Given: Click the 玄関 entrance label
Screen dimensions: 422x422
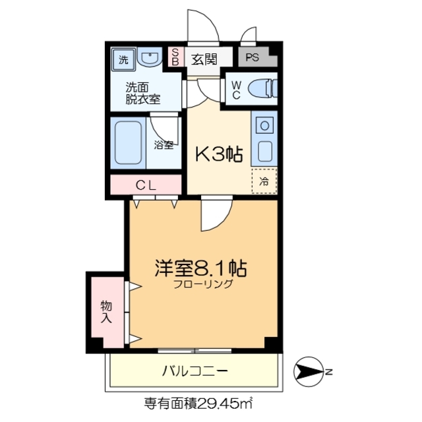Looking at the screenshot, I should [204, 58].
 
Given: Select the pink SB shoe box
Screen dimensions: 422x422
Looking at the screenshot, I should [175, 57].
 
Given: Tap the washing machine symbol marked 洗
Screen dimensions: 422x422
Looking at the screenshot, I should [123, 59].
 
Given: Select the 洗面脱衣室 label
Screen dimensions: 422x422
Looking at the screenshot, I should [143, 92].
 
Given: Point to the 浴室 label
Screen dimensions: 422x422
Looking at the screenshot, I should [164, 144].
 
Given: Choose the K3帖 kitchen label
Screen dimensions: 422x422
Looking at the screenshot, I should [218, 156].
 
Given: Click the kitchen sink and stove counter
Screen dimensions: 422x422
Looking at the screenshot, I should [264, 139].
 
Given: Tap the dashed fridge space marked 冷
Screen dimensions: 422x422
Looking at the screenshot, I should [264, 181].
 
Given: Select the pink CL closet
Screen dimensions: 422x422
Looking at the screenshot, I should [146, 185].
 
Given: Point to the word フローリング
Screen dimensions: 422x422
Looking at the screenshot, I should [203, 285].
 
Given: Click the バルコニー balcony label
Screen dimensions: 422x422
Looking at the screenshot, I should [195, 371].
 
